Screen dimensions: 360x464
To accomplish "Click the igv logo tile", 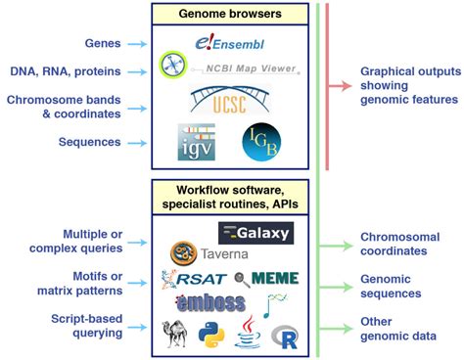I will [196, 142].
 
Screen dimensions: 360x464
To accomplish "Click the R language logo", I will [287, 337].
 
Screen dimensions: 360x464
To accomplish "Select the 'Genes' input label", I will [102, 44].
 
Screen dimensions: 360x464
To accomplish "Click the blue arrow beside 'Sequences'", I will [141, 142].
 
